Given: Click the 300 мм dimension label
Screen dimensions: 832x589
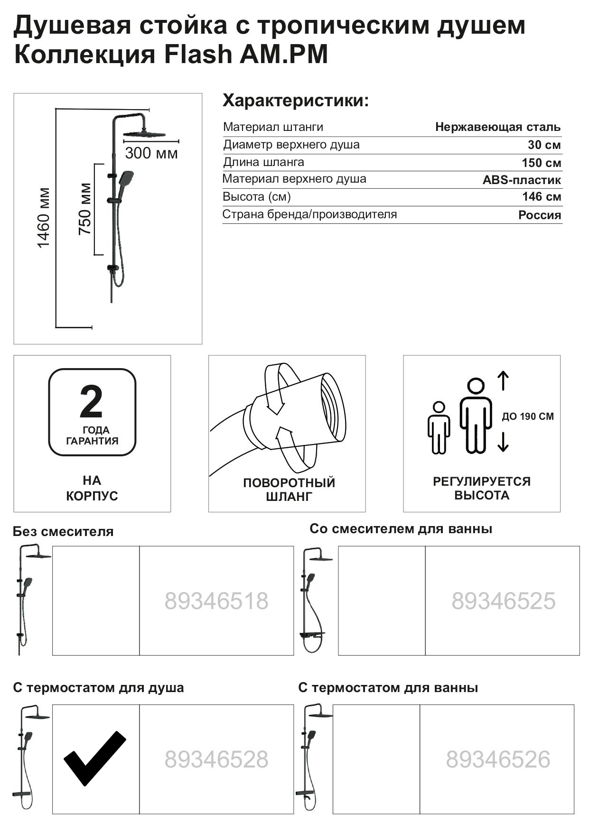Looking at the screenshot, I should tap(151, 153).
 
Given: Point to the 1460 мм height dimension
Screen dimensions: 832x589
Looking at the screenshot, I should tap(44, 218).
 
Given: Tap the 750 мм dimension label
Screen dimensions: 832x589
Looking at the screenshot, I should tap(85, 209).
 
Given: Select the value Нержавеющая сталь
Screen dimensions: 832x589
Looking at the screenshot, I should tap(497, 127).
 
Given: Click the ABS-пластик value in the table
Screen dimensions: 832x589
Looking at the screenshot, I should tap(522, 180).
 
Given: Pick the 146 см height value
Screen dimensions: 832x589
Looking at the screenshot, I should tap(542, 197).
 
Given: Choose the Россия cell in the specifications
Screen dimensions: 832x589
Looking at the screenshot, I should tap(539, 215).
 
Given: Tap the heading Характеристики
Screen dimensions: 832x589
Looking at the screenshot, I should tap(296, 101).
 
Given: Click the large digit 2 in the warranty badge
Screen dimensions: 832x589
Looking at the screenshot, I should tap(91, 401).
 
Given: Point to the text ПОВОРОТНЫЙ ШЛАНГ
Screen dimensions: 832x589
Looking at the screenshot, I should tap(289, 490).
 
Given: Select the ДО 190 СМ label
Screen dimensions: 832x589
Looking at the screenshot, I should tap(528, 416).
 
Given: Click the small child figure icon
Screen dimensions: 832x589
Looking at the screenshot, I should tap(439, 427).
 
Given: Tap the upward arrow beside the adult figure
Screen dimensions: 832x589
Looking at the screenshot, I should tap(503, 381).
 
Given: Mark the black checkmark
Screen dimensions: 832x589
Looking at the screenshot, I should tap(94, 758).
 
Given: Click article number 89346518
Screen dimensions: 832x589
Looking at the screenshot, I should tap(216, 601).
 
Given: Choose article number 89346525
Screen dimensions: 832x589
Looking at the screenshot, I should tap(503, 601).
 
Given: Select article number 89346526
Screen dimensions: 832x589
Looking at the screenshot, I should tap(498, 759).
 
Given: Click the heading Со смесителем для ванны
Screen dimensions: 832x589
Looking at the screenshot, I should tap(401, 529).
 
